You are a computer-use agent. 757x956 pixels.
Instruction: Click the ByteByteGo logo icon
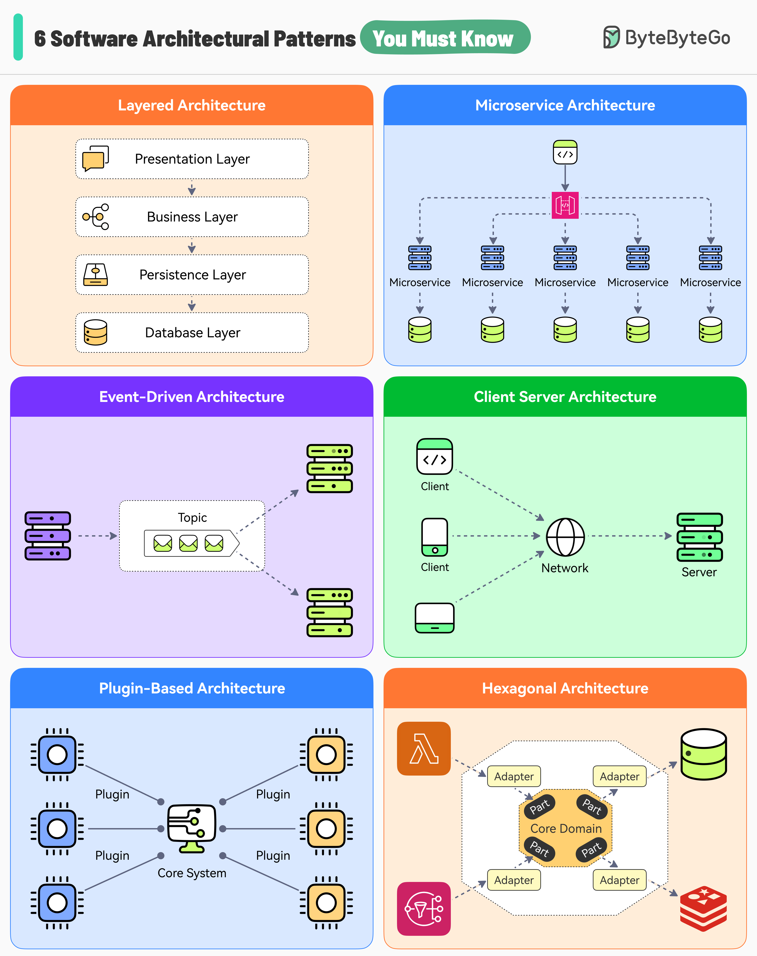tap(611, 37)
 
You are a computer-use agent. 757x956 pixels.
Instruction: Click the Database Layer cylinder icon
tap(95, 333)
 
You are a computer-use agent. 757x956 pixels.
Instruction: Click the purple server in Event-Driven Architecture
tap(48, 536)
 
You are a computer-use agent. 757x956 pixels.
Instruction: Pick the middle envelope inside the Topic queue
tap(188, 543)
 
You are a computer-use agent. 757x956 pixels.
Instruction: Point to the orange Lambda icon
tap(424, 748)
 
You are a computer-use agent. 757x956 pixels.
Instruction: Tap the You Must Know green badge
tap(445, 38)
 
